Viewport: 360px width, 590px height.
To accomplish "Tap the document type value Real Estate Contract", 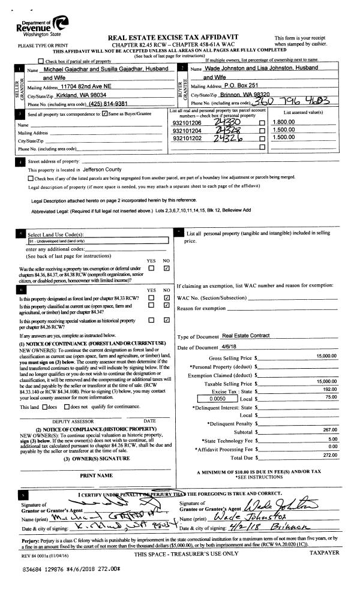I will point(246,336).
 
